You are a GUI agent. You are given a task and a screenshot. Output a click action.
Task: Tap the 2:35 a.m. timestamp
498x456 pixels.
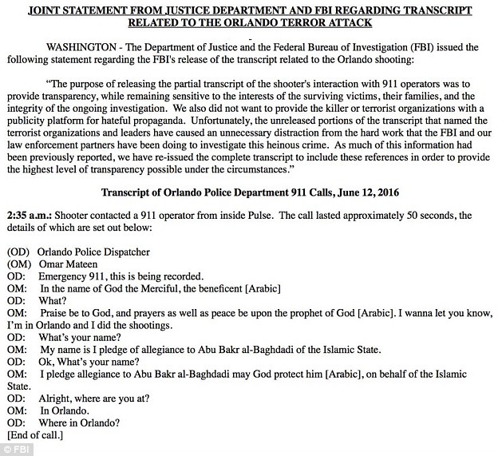click(30, 216)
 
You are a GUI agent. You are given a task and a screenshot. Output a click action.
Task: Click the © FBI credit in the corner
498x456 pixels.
click(16, 449)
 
